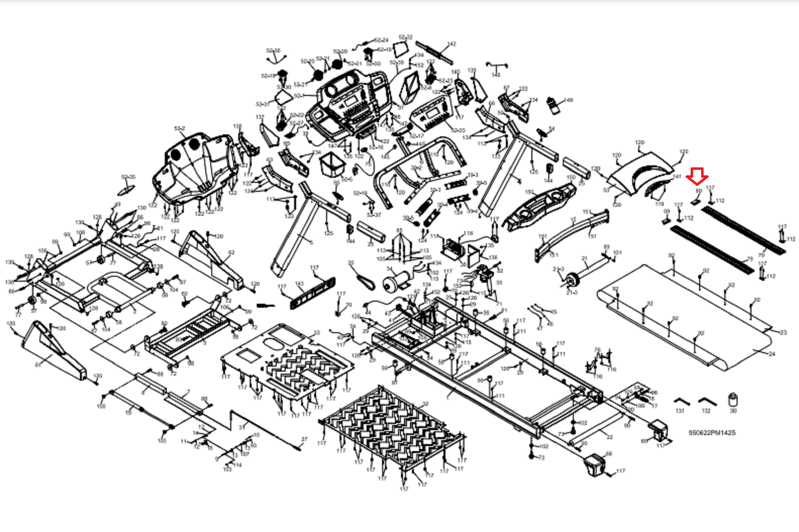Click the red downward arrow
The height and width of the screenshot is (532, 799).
(x=697, y=176)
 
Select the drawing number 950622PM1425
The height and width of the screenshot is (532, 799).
(x=712, y=433)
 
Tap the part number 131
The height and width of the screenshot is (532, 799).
(x=680, y=411)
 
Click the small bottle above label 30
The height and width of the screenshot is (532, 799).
(x=733, y=400)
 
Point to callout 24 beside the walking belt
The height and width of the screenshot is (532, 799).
(x=772, y=354)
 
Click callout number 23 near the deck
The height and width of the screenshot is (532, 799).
(x=783, y=332)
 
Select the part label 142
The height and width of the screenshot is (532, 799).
(x=452, y=44)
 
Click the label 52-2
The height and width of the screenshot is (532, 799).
(x=179, y=129)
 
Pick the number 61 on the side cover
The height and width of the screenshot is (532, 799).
(x=38, y=365)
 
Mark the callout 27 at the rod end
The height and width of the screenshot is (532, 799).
(x=304, y=440)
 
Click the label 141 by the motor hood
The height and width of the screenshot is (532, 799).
(x=677, y=177)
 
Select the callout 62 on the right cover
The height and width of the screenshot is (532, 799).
(x=231, y=253)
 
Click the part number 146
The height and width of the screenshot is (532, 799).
(x=496, y=75)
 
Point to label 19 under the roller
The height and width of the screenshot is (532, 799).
(x=129, y=413)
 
